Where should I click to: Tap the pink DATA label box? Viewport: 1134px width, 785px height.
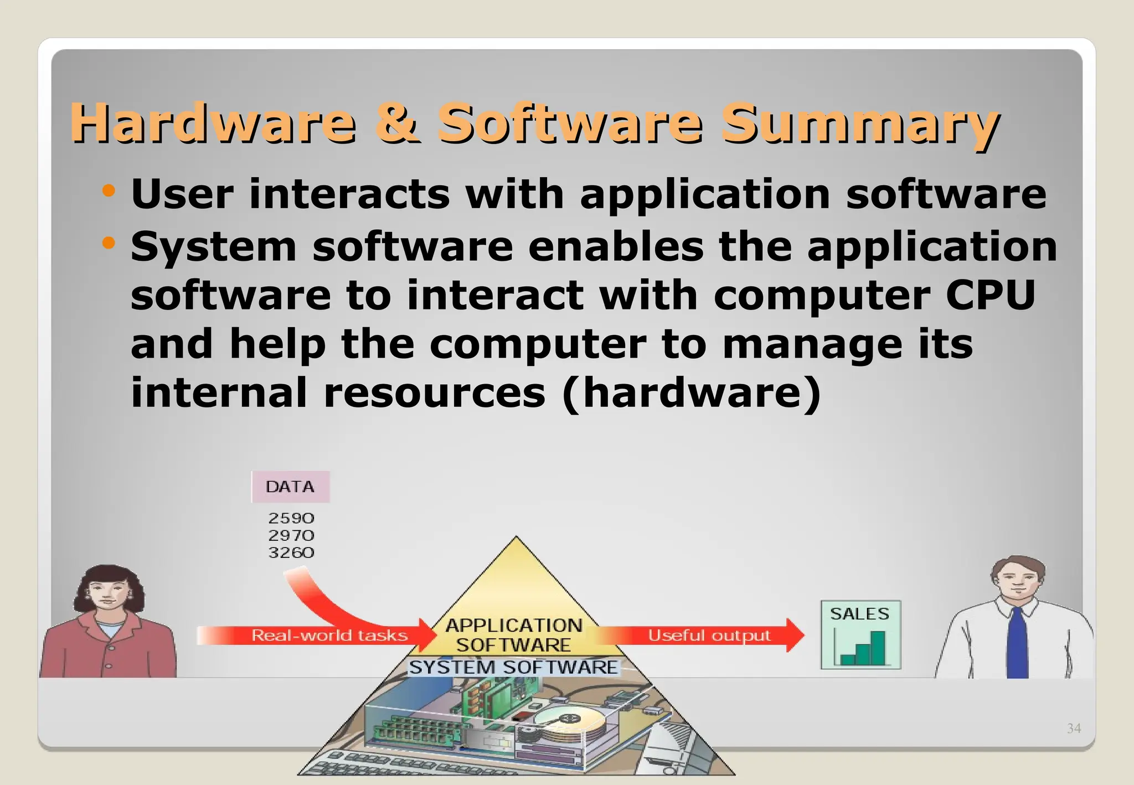[290, 487]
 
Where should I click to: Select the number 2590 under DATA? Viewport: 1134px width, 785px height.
[291, 518]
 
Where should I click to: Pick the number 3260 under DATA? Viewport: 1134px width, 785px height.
[291, 552]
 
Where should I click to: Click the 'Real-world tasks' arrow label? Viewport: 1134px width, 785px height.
[329, 635]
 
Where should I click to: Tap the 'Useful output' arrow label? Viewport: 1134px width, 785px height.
[709, 635]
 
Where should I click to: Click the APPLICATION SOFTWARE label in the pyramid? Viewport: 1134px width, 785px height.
[514, 635]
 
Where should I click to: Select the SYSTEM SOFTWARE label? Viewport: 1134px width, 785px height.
[513, 667]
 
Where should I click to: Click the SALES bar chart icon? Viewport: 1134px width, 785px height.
[860, 635]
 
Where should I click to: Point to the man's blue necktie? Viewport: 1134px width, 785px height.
[1017, 642]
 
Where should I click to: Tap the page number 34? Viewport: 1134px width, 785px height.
[1074, 729]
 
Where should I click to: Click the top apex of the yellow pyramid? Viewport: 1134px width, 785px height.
[516, 538]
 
